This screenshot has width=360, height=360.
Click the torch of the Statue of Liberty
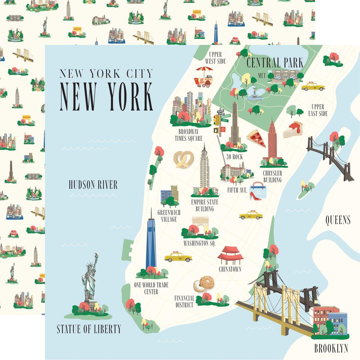point(96,256)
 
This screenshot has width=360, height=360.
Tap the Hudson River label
point(93,185)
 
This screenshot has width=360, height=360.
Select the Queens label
point(338,220)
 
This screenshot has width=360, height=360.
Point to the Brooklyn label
point(331,348)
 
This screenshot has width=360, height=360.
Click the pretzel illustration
point(184,159)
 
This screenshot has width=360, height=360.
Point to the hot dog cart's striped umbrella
point(204,69)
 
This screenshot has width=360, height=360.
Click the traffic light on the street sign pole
point(216,120)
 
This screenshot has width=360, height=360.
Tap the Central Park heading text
point(275,63)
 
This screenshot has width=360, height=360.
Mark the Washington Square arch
point(200,225)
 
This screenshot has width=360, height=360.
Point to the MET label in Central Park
point(262,75)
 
